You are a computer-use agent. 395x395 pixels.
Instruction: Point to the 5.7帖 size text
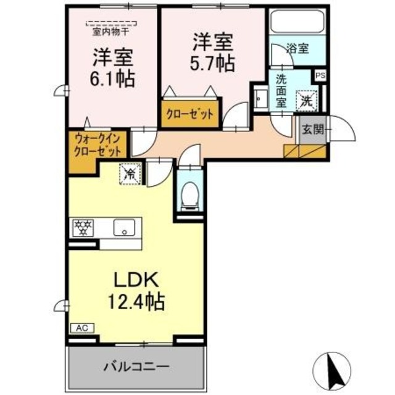(x=212, y=63)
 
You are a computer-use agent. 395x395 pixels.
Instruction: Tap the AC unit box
(x=81, y=328)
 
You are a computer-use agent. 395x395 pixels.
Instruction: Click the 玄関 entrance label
(x=312, y=130)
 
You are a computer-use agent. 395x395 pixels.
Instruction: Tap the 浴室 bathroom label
(x=298, y=48)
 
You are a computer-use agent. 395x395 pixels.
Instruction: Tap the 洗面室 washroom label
(x=281, y=91)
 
